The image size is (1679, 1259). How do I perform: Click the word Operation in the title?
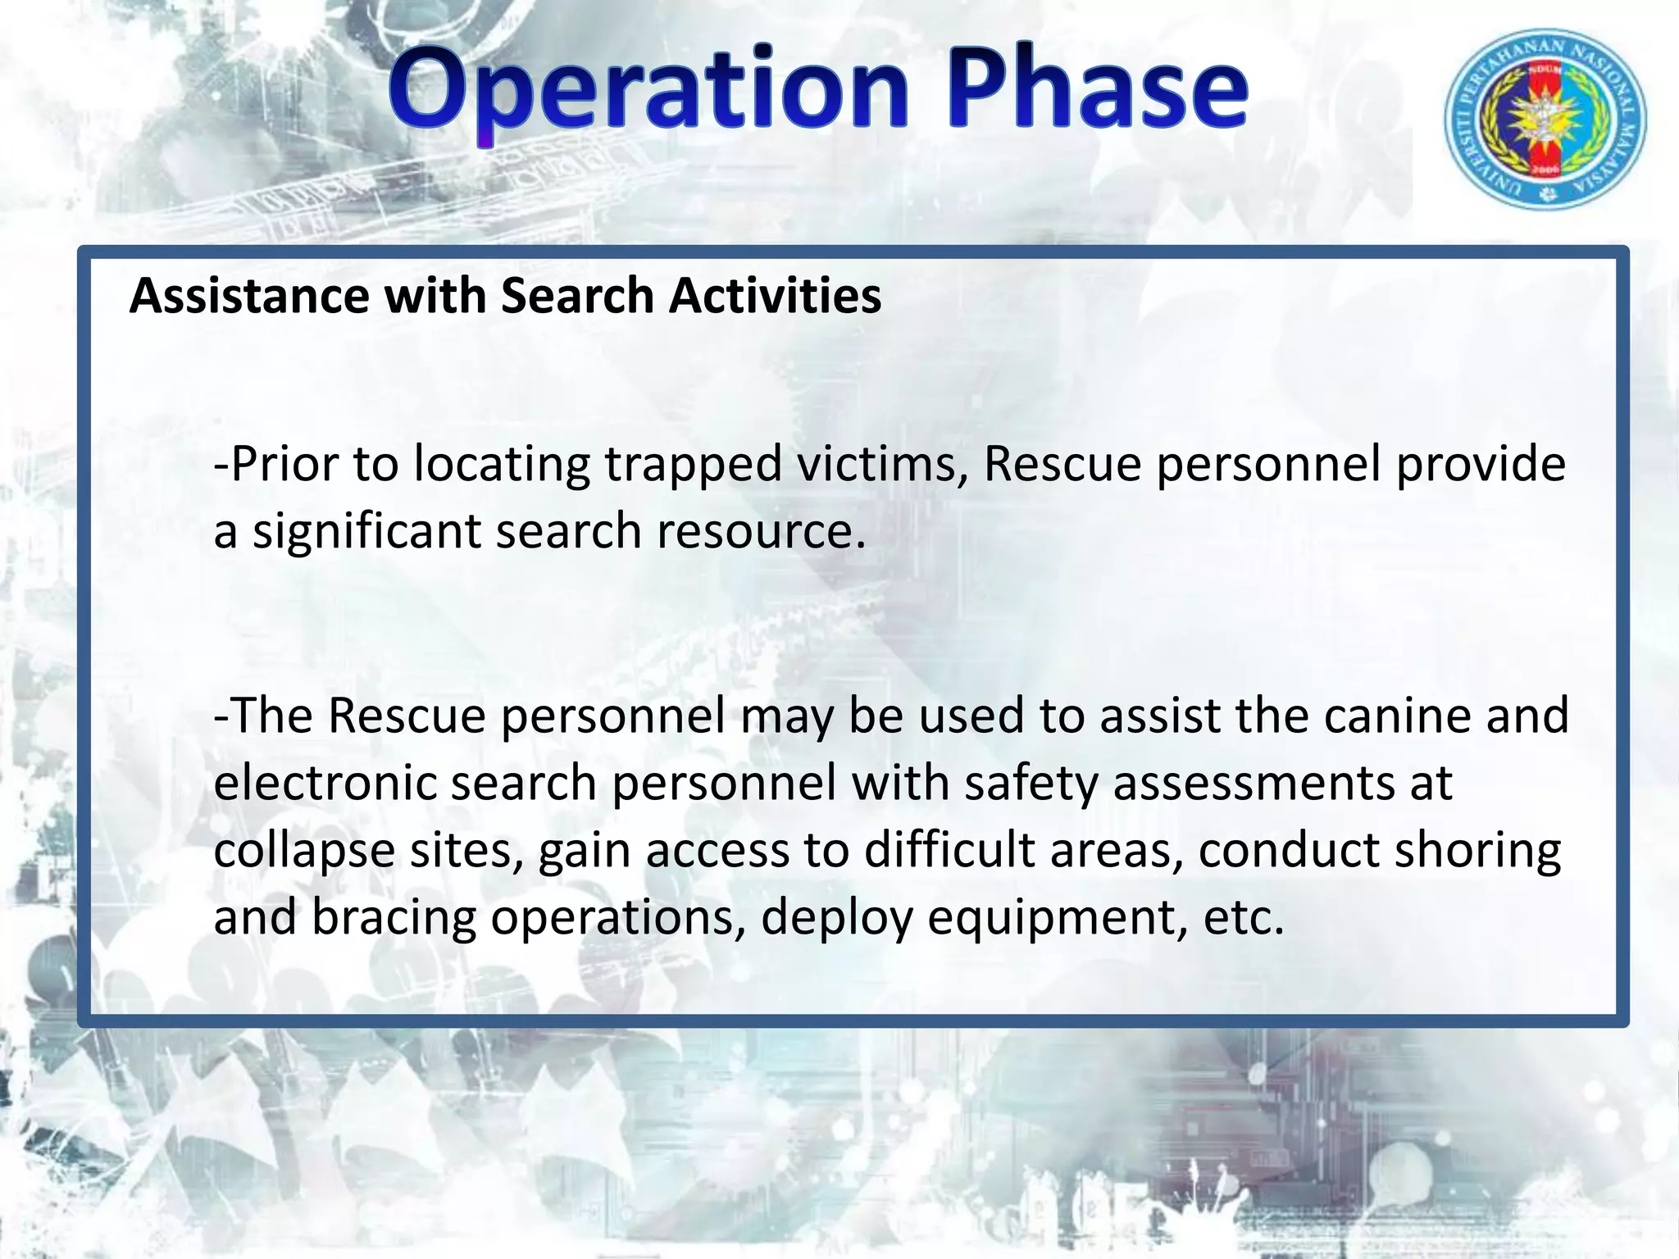[x=648, y=90]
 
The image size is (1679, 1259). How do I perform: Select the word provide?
[x=1481, y=465]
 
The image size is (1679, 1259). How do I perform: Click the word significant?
[x=366, y=532]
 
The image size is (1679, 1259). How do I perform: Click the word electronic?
[x=325, y=783]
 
